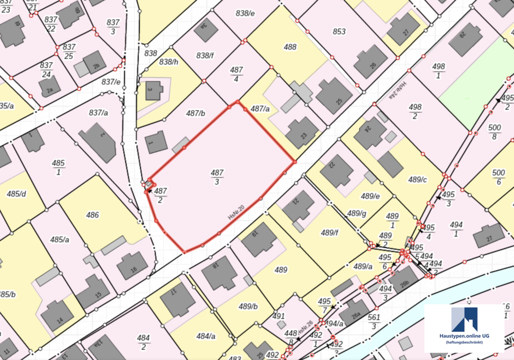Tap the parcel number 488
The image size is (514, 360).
pos(290,47)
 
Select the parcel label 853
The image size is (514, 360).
pos(339,31)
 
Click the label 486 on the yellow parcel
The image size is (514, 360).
pos(93,215)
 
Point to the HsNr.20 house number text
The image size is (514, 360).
pos(236,212)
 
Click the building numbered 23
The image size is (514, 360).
pos(302,133)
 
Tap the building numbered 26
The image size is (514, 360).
pos(370,61)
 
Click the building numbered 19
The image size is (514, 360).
pos(259,240)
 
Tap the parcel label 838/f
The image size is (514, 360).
pos(205,55)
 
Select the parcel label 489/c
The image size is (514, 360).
pos(417,179)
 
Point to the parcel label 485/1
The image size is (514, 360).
pos(58,168)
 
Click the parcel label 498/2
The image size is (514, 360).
pos(415,112)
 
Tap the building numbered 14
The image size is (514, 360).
pos(57,315)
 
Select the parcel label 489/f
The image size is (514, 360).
pos(330,232)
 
